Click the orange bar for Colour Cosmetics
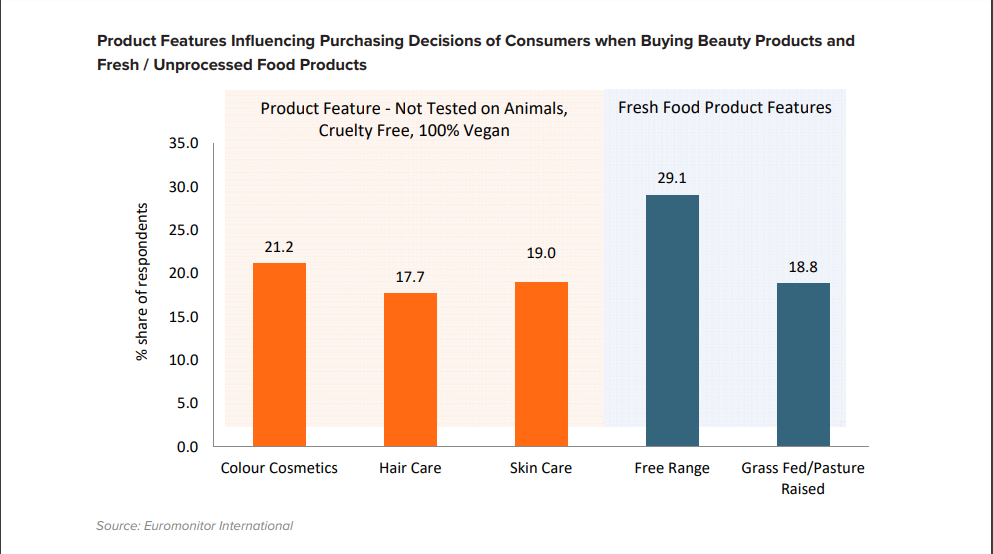279,354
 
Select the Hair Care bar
410,369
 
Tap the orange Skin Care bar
541,364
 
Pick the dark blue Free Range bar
672,320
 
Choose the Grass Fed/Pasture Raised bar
803,364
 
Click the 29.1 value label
672,178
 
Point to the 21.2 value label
279,246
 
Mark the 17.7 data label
410,276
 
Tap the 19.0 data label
541,254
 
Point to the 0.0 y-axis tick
189,446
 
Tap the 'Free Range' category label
672,468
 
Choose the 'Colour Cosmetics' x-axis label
279,468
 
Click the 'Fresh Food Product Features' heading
724,107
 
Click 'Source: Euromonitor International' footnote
194,525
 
